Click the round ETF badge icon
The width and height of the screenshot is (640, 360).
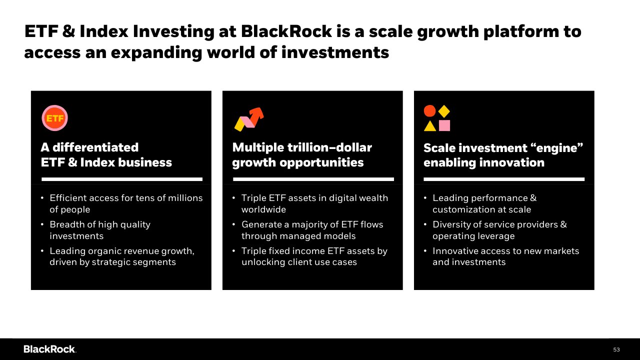tap(54, 118)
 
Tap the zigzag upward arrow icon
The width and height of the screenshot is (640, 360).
tap(249, 119)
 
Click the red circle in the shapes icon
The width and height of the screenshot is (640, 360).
tap(429, 111)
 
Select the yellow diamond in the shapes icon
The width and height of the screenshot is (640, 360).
tap(444, 111)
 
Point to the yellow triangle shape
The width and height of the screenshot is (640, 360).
tap(430, 126)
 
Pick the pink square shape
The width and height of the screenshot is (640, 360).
tap(444, 125)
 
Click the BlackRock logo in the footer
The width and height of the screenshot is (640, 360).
tap(49, 349)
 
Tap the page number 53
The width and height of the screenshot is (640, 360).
tap(616, 349)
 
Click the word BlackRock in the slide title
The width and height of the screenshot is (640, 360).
tap(286, 31)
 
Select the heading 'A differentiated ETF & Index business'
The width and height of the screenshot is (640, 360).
tap(106, 155)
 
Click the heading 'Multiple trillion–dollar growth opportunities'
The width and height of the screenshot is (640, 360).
tap(302, 155)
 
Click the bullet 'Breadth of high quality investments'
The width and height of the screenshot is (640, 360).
tap(100, 230)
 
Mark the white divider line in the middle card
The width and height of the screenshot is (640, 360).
tap(313, 179)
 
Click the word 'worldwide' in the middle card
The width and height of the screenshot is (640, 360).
tap(263, 209)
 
